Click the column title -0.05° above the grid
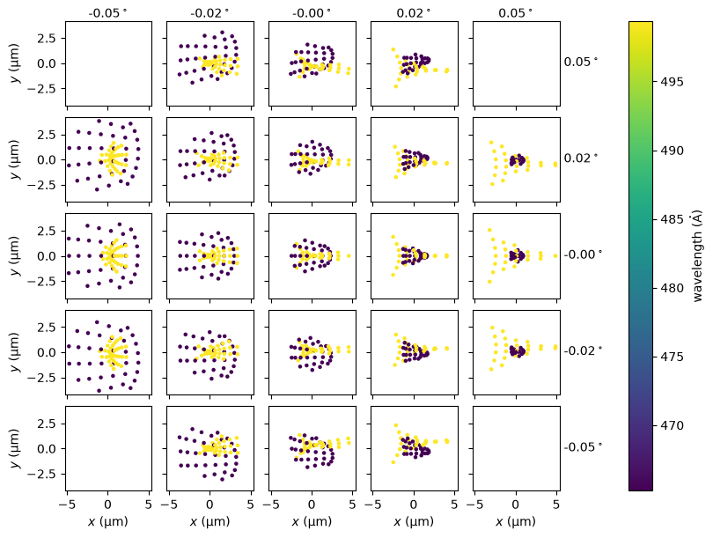[x=107, y=13]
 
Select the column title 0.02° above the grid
[x=414, y=13]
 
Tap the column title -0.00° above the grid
[x=312, y=13]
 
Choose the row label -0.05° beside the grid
[x=583, y=447]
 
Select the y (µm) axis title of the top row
[x=16, y=63]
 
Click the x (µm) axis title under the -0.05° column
[x=107, y=521]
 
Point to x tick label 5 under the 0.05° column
[x=556, y=505]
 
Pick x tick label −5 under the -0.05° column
[x=64, y=505]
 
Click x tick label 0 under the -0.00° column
[x=312, y=505]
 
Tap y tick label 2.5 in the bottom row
[x=47, y=424]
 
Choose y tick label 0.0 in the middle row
[x=47, y=256]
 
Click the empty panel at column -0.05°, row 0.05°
[x=108, y=63]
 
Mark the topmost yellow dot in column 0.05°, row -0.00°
[x=489, y=230]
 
